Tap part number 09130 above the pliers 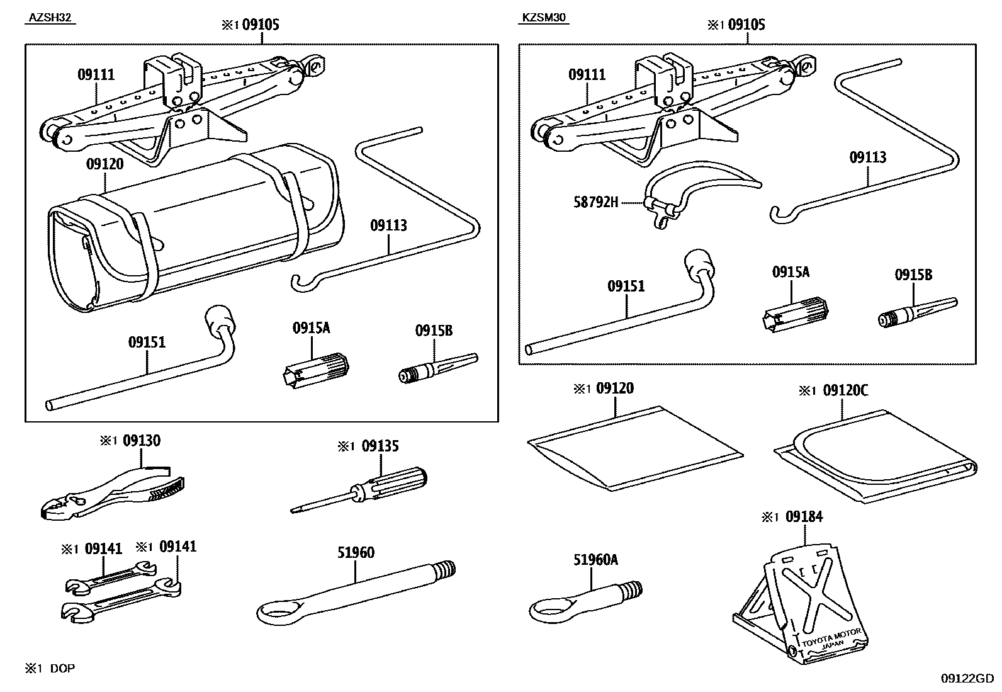pos(142,441)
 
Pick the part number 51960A pos(595,560)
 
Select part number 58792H pos(595,202)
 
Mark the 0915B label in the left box pos(433,331)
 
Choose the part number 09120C pos(845,390)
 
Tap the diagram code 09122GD pos(967,678)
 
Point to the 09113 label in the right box pos(867,157)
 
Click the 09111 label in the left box pos(96,75)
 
